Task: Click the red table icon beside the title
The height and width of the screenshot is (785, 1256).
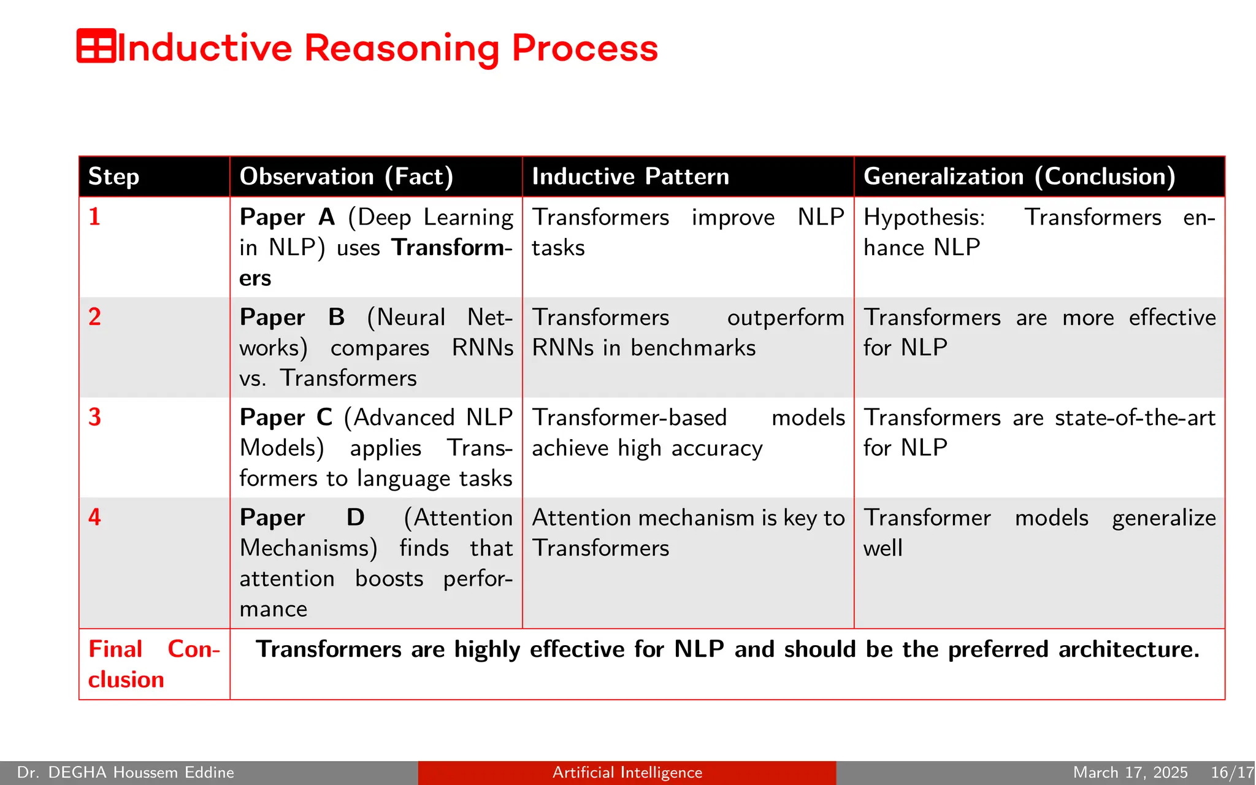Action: (x=96, y=46)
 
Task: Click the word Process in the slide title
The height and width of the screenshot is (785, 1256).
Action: (x=584, y=48)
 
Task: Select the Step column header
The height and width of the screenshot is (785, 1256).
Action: (x=114, y=177)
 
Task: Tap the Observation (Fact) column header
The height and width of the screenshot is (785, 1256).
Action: (x=347, y=177)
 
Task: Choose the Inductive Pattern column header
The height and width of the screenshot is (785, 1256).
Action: (x=630, y=177)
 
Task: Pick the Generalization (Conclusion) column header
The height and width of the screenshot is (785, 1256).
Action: (x=1019, y=177)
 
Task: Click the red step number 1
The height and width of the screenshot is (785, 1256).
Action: (x=94, y=217)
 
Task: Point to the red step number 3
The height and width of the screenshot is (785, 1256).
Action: (x=94, y=418)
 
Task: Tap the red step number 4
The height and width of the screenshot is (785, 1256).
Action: (x=94, y=518)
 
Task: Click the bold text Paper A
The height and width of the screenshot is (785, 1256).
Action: (x=287, y=218)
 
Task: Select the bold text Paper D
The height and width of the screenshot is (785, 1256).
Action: (x=302, y=518)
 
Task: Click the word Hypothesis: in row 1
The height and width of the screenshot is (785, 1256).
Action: (x=924, y=218)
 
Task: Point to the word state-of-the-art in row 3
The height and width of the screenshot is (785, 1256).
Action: (x=1135, y=418)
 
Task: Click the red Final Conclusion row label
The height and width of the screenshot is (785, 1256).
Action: (x=153, y=664)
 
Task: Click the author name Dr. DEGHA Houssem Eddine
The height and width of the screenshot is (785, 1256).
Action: (x=126, y=773)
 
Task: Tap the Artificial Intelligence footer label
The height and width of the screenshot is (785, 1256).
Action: (x=627, y=773)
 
